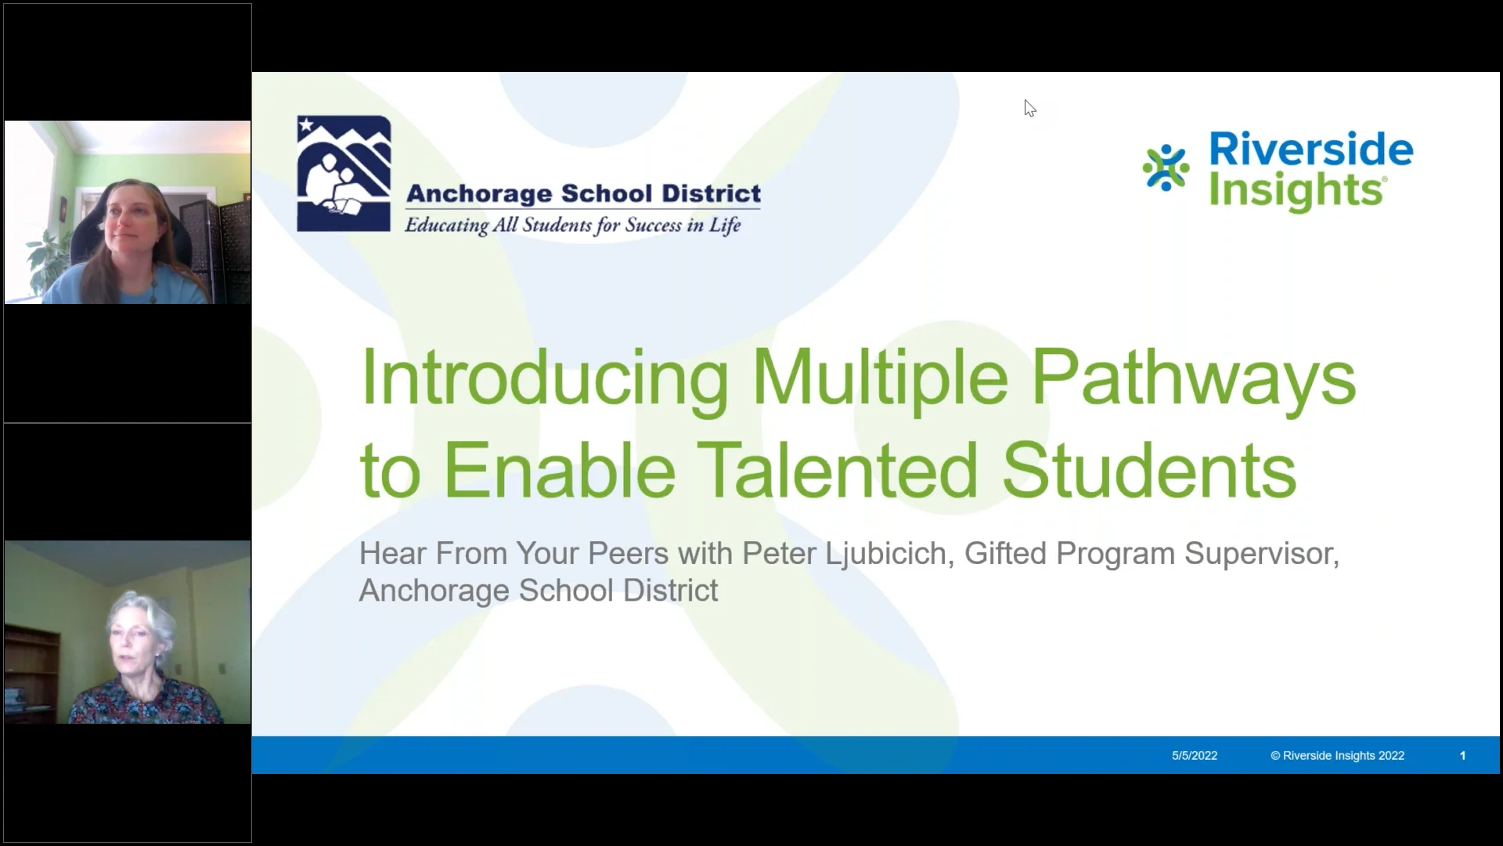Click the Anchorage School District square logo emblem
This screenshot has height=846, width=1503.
[344, 173]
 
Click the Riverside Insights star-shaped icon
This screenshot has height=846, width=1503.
[1166, 168]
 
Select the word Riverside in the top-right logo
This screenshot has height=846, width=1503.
[1311, 149]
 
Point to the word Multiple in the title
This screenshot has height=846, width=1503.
[880, 378]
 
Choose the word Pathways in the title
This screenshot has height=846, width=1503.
[1193, 378]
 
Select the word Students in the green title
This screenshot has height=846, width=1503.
[1148, 471]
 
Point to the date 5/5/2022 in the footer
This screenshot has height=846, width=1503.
[1195, 756]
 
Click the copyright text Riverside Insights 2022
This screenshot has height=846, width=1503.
[1338, 756]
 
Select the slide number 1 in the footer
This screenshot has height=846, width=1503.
[1462, 756]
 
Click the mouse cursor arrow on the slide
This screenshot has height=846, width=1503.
[1029, 108]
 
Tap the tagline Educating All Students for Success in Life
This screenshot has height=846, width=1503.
[572, 226]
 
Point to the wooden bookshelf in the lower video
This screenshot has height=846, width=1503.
[31, 674]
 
